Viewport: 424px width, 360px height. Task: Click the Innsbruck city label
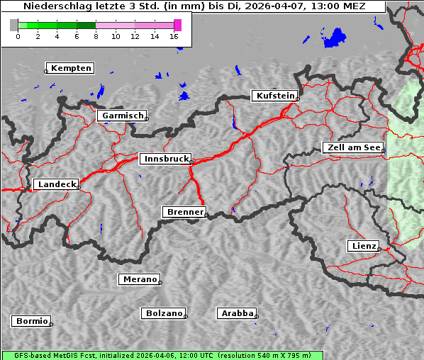tap(164, 159)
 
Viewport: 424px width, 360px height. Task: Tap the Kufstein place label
tap(274, 96)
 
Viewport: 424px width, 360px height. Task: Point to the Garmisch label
tap(122, 116)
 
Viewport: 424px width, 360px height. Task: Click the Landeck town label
tap(56, 184)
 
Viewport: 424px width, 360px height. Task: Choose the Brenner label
tap(184, 212)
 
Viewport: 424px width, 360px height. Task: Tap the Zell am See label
tap(353, 147)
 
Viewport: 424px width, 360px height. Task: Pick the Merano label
tap(139, 279)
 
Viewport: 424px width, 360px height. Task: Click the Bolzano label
tap(164, 313)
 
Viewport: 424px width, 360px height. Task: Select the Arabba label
tap(236, 313)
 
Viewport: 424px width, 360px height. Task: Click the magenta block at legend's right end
tap(177, 25)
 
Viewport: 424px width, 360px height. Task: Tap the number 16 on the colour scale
tap(174, 36)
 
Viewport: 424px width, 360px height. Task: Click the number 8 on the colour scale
tap(96, 36)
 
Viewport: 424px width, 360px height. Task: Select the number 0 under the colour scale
tap(18, 36)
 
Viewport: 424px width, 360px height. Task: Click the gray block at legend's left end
tap(13, 25)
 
